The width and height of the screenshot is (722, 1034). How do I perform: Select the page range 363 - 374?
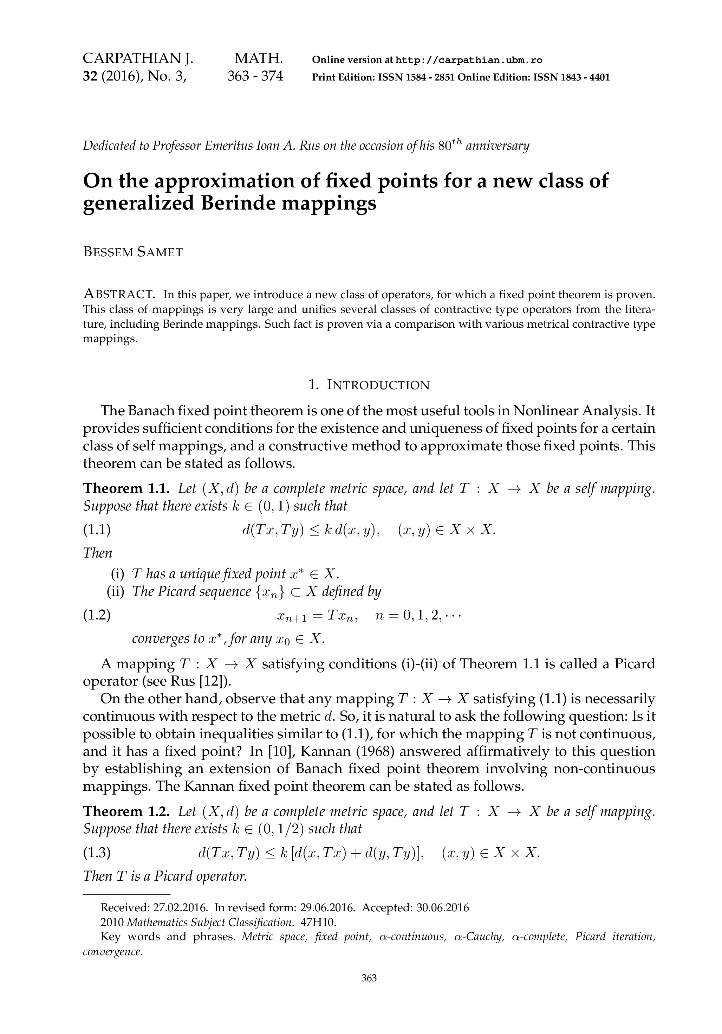[255, 76]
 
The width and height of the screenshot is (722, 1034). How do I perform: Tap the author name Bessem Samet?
[133, 252]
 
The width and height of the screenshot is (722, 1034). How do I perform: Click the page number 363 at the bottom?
[369, 978]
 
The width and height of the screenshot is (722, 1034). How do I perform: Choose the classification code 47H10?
[318, 922]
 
